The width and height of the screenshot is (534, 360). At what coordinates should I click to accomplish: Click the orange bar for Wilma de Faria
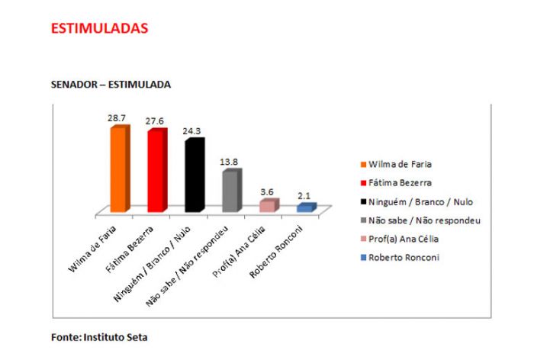pyautogui.click(x=119, y=169)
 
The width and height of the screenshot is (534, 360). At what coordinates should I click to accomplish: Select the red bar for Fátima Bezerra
pyautogui.click(x=156, y=171)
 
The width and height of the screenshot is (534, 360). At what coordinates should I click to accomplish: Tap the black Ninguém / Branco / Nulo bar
pyautogui.click(x=194, y=175)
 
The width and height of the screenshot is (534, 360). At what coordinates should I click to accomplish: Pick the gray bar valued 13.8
pyautogui.click(x=231, y=191)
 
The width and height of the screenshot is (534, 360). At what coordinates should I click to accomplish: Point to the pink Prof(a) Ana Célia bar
pyautogui.click(x=268, y=205)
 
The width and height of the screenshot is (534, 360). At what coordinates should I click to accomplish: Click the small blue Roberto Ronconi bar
pyautogui.click(x=305, y=207)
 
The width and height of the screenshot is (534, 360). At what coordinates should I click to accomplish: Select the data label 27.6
pyautogui.click(x=156, y=122)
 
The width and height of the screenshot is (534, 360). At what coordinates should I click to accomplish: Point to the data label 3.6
pyautogui.click(x=268, y=192)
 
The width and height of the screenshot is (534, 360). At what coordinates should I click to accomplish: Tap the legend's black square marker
pyautogui.click(x=362, y=202)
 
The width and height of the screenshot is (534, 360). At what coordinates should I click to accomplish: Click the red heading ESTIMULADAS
pyautogui.click(x=99, y=28)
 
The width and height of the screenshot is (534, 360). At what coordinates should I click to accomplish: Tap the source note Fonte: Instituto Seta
pyautogui.click(x=99, y=336)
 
